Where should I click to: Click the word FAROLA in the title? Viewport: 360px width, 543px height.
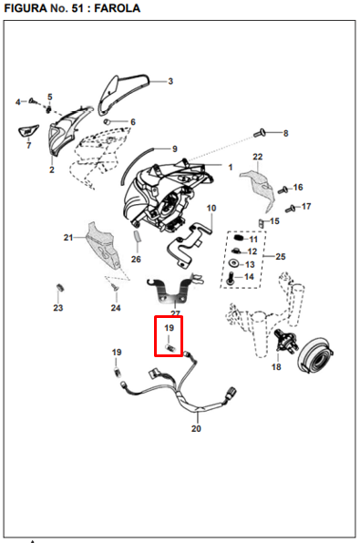[117, 8]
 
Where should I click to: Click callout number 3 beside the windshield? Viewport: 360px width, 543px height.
[170, 81]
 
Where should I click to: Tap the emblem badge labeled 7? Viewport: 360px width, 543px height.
[27, 131]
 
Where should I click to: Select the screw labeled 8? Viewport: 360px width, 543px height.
[260, 132]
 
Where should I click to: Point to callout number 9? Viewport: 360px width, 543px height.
[175, 149]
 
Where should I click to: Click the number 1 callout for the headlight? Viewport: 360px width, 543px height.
[231, 168]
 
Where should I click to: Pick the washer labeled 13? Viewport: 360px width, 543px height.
[234, 263]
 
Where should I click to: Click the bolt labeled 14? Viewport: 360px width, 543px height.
[231, 279]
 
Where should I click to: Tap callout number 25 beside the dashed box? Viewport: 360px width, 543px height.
[281, 257]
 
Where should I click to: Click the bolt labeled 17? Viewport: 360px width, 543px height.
[291, 209]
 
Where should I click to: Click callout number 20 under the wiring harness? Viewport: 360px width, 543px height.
[196, 428]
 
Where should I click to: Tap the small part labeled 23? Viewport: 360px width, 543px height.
[59, 288]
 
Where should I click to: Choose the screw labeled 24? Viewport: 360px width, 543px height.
[114, 287]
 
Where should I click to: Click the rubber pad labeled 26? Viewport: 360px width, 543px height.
[138, 236]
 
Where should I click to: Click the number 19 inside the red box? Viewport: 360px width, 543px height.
[169, 328]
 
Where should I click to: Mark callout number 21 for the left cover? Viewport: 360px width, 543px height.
[68, 238]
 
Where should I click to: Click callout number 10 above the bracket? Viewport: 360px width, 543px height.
[211, 208]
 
